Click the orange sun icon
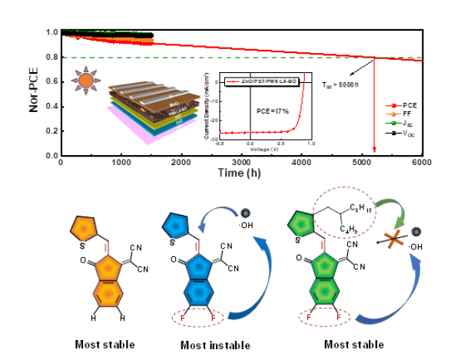tap(86, 79)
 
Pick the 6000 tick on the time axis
tap(421, 163)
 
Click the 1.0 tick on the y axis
tap(51, 32)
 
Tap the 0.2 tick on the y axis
tap(51, 130)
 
